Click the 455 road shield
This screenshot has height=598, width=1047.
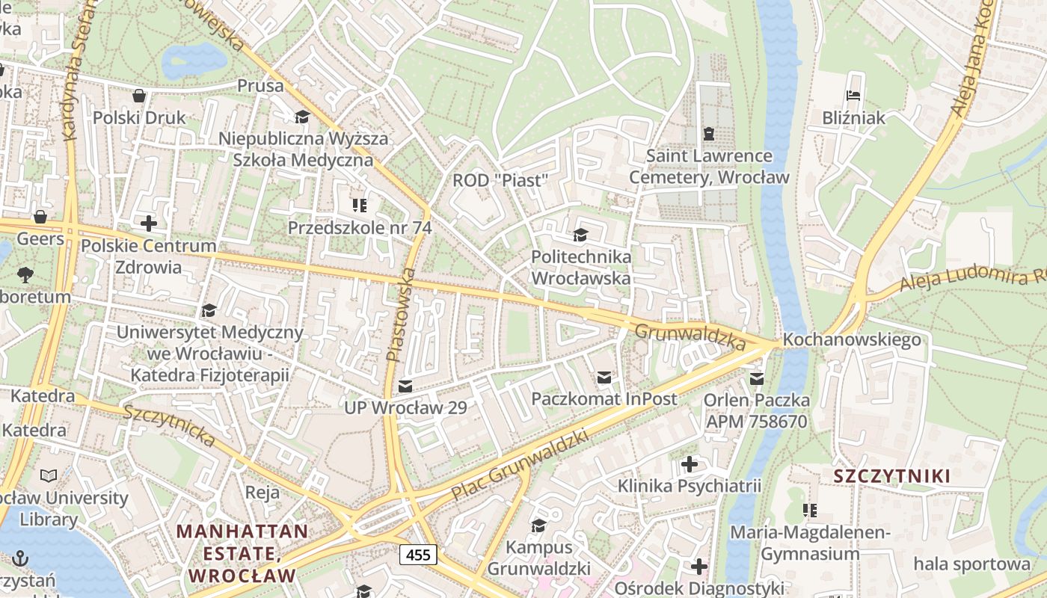tap(418, 555)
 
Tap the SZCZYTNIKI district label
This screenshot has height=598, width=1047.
tap(892, 476)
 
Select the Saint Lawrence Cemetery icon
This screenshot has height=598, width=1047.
tap(708, 134)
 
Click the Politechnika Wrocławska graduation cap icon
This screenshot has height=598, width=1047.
tap(580, 235)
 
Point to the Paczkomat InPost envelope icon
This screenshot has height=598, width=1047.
tap(604, 377)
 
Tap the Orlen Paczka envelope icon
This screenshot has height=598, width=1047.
tap(756, 379)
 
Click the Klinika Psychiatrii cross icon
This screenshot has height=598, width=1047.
tap(689, 464)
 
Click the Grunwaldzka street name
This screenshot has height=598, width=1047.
tap(690, 336)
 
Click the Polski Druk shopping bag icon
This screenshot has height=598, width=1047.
tap(139, 96)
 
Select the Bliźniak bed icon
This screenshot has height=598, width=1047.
tap(853, 96)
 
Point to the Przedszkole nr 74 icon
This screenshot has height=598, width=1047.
tap(360, 205)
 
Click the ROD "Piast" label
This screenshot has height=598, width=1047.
tap(500, 181)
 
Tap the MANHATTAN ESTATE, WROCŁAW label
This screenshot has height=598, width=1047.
tap(242, 554)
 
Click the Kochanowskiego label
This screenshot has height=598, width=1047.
tap(852, 340)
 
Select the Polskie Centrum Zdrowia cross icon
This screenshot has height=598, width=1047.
tap(148, 223)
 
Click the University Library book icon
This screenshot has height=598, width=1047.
tap(49, 475)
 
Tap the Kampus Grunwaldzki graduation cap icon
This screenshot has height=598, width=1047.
tap(538, 525)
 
